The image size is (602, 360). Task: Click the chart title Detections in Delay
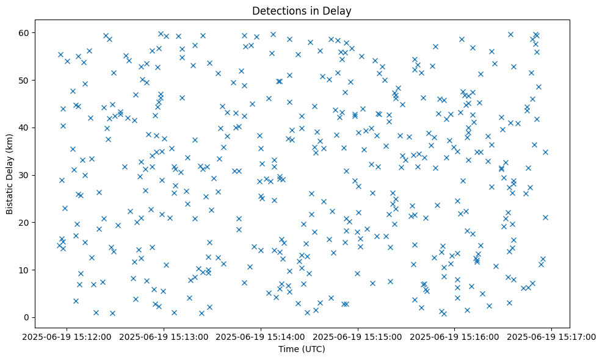pyautogui.click(x=302, y=11)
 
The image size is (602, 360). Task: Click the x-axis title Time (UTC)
pyautogui.click(x=302, y=349)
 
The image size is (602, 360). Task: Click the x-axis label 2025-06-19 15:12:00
pyautogui.click(x=67, y=336)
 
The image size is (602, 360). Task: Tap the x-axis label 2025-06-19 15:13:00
pyautogui.click(x=164, y=336)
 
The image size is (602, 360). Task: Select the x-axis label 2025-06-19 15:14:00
pyautogui.click(x=261, y=336)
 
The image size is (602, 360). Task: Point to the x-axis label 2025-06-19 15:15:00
pyautogui.click(x=358, y=336)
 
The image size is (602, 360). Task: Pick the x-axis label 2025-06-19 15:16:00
pyautogui.click(x=455, y=336)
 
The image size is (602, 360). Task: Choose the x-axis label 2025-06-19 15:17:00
pyautogui.click(x=551, y=336)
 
